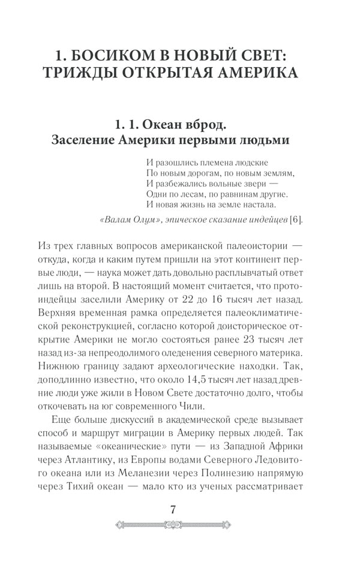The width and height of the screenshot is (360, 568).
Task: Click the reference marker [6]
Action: pyautogui.click(x=296, y=220)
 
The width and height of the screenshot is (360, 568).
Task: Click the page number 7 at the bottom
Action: pyautogui.click(x=173, y=510)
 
